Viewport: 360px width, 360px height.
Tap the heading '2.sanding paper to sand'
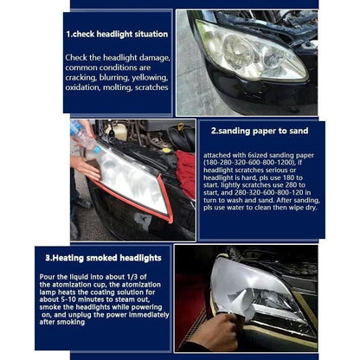click(x=257, y=132)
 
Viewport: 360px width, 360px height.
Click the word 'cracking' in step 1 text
click(x=85, y=77)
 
